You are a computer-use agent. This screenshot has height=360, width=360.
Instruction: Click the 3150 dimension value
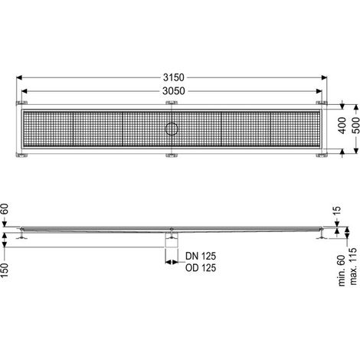click(x=174, y=77)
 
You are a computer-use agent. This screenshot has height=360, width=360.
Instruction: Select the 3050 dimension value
click(x=174, y=91)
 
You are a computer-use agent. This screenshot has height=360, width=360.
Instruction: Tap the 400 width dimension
click(x=342, y=126)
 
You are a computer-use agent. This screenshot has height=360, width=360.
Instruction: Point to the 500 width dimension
click(x=356, y=126)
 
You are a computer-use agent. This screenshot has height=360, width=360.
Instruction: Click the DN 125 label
click(x=201, y=256)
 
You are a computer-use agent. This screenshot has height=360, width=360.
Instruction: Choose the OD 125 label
click(x=201, y=268)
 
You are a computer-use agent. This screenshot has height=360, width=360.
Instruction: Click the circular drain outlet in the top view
click(x=172, y=129)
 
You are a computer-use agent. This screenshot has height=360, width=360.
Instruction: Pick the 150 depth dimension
click(x=5, y=270)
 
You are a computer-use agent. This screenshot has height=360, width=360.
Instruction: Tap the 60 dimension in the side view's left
click(x=5, y=209)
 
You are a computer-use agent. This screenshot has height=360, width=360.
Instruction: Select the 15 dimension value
click(x=337, y=211)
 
